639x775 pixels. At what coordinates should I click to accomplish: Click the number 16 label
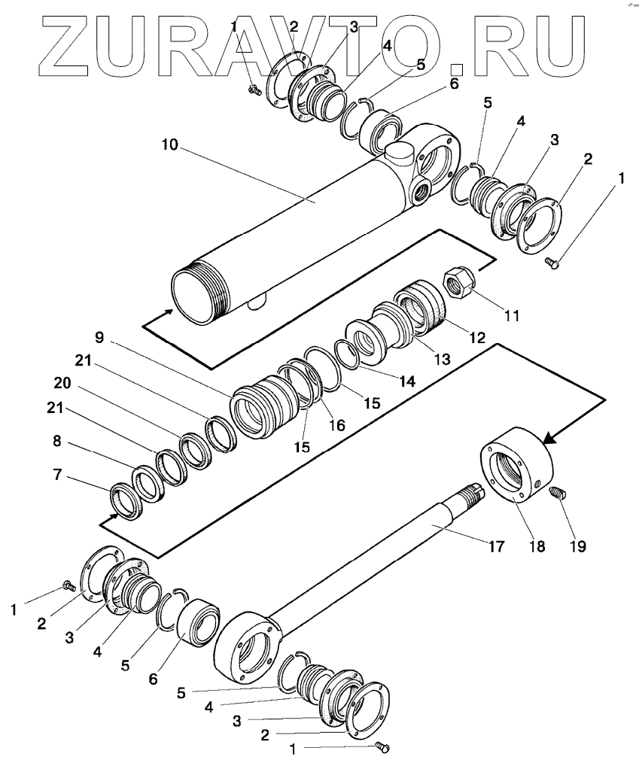[336, 425]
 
